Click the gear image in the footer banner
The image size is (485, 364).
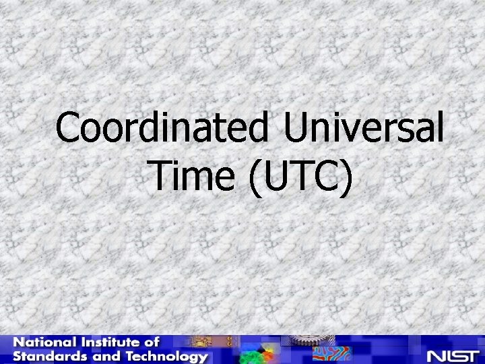click(x=300, y=341)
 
